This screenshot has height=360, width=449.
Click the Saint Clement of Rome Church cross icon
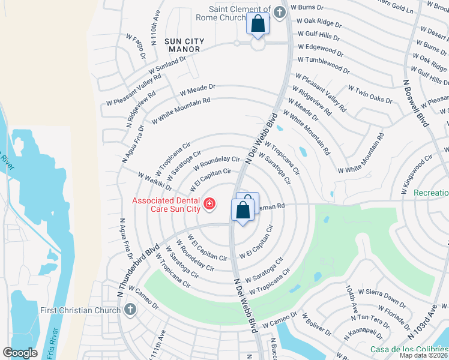[x=279, y=12]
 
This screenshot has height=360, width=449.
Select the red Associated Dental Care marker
[x=209, y=205]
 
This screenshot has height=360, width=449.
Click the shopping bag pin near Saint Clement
[x=258, y=25]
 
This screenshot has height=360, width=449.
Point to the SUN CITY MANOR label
[x=184, y=46]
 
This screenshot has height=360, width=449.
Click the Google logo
[x=20, y=352]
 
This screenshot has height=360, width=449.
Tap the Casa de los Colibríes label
[x=409, y=350]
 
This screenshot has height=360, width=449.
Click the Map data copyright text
[x=423, y=355]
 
